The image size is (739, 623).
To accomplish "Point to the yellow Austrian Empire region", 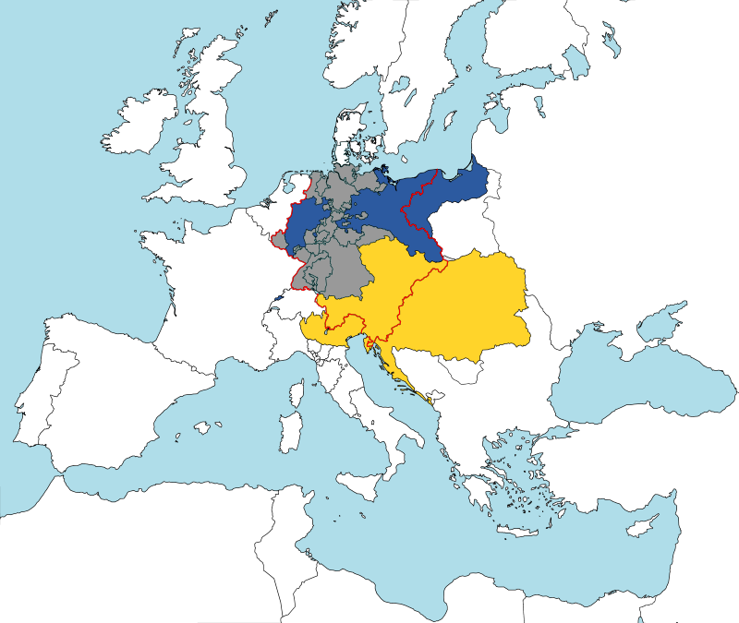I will [x=453, y=305].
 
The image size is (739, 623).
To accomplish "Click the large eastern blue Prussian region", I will [x=416, y=212].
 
